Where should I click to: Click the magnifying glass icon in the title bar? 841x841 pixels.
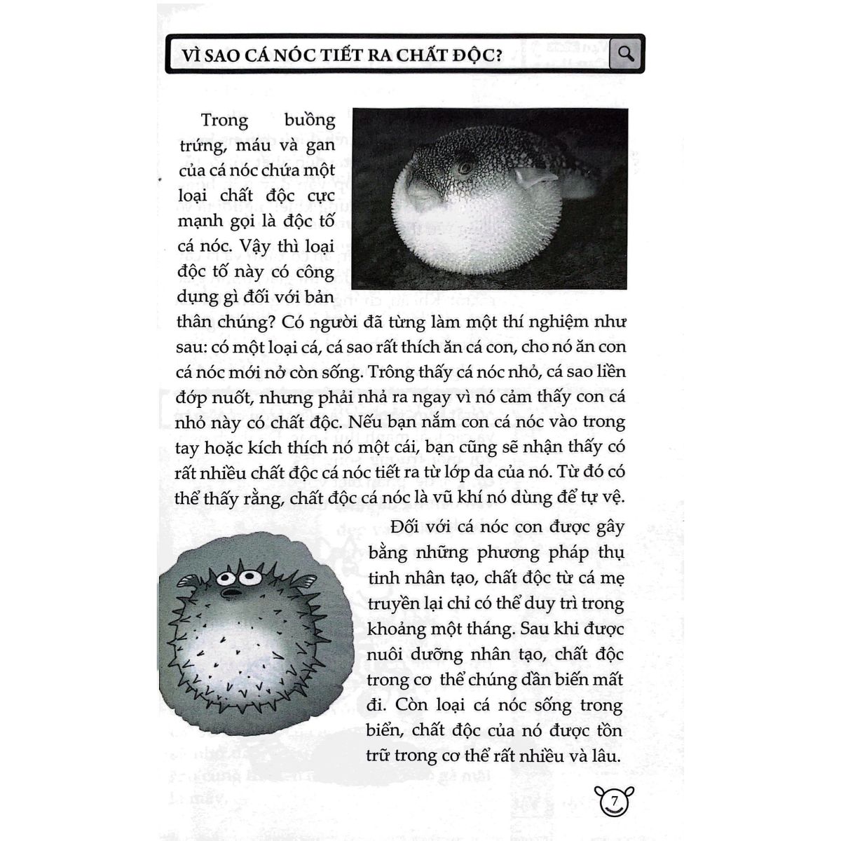(x=626, y=53)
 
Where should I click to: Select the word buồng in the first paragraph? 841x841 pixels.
(x=310, y=120)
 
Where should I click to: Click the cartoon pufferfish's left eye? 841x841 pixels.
(x=226, y=579)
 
